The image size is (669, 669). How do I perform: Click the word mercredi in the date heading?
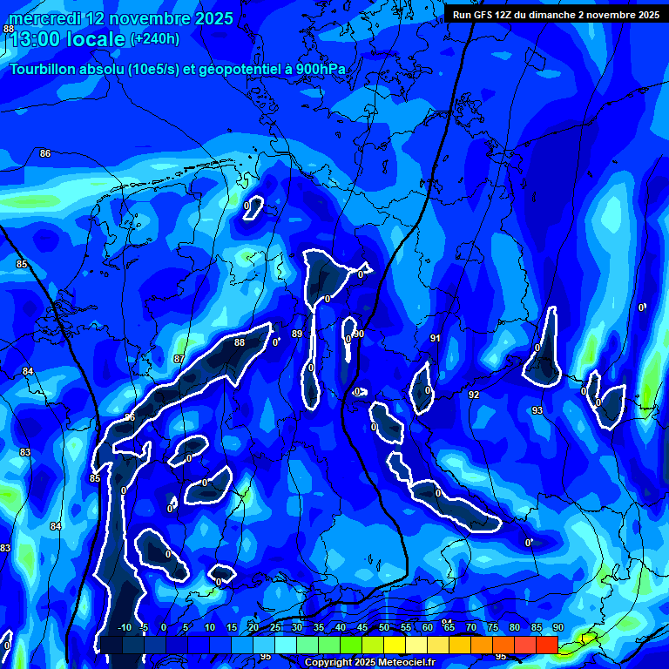(x=44, y=18)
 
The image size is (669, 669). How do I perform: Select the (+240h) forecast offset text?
(x=155, y=39)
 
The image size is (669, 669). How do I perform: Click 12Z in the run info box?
(x=507, y=15)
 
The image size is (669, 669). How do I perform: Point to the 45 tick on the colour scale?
(x=362, y=627)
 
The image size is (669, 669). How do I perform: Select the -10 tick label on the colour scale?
(x=124, y=627)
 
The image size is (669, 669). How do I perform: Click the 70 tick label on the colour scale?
(x=471, y=627)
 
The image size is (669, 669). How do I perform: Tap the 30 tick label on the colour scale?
(x=297, y=627)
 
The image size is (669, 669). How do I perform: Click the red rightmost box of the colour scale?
(x=546, y=645)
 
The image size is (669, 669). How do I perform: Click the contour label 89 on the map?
(x=297, y=334)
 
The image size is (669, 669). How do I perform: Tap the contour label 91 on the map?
(x=436, y=338)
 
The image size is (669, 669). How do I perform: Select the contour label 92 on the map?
(x=474, y=395)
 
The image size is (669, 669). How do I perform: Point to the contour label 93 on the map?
(x=537, y=409)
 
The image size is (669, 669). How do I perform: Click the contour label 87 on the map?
(x=179, y=359)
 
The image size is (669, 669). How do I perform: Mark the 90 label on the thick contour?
(x=359, y=334)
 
